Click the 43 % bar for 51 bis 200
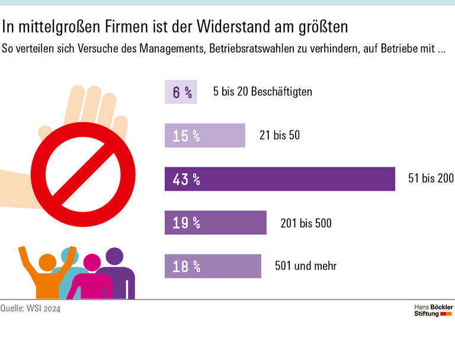coord(280,179)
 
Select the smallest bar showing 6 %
coord(181,92)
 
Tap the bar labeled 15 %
coord(204,135)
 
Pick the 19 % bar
coord(216,222)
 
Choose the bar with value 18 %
coord(213,266)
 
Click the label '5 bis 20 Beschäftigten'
coord(262,92)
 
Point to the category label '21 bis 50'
coord(280,135)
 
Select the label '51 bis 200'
coord(431,179)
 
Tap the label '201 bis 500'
coord(306,223)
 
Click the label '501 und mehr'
coord(306,266)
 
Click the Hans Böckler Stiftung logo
coord(433,310)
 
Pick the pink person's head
coord(92,262)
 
